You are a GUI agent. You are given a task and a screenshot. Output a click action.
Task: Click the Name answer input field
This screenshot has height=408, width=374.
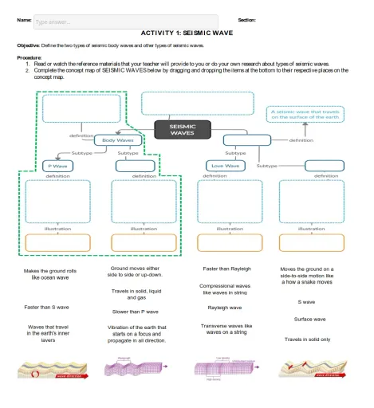[124, 22]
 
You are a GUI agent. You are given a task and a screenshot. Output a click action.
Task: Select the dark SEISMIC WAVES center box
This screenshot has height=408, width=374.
[182, 129]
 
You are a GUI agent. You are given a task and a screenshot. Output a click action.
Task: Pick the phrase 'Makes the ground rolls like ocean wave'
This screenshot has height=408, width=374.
[50, 275]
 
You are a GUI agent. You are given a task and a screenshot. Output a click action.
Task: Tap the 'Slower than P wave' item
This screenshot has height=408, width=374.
[136, 312]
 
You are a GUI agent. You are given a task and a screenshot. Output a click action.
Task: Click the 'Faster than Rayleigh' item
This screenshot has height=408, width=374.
[226, 269]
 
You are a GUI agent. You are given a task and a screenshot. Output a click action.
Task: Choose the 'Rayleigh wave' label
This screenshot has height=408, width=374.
[224, 307]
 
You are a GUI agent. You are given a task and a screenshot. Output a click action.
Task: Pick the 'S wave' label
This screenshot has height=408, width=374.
[306, 302]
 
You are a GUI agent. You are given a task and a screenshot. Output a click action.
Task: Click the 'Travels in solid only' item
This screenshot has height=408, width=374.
[307, 339]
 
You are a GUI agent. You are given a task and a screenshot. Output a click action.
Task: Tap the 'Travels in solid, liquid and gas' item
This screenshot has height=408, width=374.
[136, 294]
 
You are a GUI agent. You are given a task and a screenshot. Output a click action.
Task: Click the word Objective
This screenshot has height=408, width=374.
[29, 45]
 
